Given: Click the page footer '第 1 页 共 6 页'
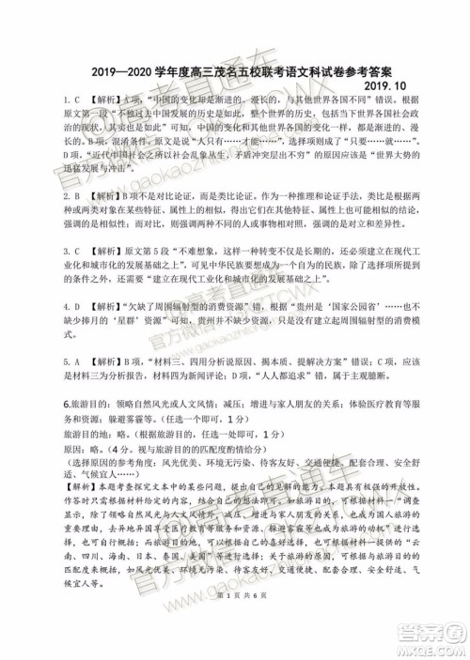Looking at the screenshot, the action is [x=235, y=620].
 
